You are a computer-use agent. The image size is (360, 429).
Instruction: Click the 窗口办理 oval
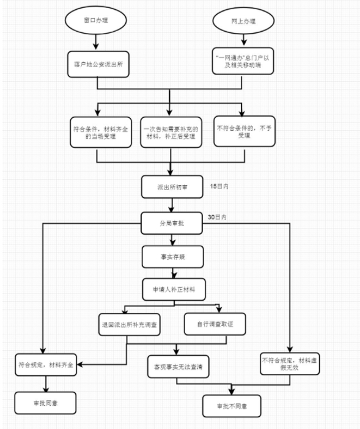tap(96, 20)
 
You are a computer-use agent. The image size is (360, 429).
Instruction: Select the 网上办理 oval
tap(243, 21)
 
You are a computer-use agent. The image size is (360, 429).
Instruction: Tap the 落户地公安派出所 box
tap(98, 64)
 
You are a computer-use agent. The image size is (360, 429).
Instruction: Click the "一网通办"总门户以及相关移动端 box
tap(243, 61)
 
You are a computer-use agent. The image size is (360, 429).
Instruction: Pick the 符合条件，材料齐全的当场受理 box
tap(101, 133)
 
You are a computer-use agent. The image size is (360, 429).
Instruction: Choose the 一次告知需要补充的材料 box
tap(171, 133)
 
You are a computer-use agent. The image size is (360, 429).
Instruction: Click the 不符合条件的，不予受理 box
tap(244, 131)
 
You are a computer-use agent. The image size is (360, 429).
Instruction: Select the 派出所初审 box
tap(172, 187)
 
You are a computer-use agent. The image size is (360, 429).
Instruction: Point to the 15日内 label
tap(219, 186)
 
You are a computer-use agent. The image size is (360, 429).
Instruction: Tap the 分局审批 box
tap(172, 223)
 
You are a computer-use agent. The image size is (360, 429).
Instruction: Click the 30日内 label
tap(217, 217)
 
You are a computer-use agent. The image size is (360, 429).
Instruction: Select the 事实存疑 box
tap(172, 257)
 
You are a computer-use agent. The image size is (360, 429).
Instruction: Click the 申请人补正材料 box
tap(174, 290)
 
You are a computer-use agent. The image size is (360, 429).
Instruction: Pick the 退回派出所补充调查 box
tap(130, 324)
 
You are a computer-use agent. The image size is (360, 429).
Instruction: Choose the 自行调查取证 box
tap(215, 324)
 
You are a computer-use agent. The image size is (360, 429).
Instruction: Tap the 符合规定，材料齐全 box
tap(46, 365)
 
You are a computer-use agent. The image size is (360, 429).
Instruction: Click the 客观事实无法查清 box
tap(178, 367)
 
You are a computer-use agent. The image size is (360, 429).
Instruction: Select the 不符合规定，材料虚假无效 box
tap(290, 364)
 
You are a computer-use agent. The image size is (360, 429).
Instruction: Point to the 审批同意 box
tap(45, 403)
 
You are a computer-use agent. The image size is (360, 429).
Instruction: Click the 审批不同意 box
tap(232, 406)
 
